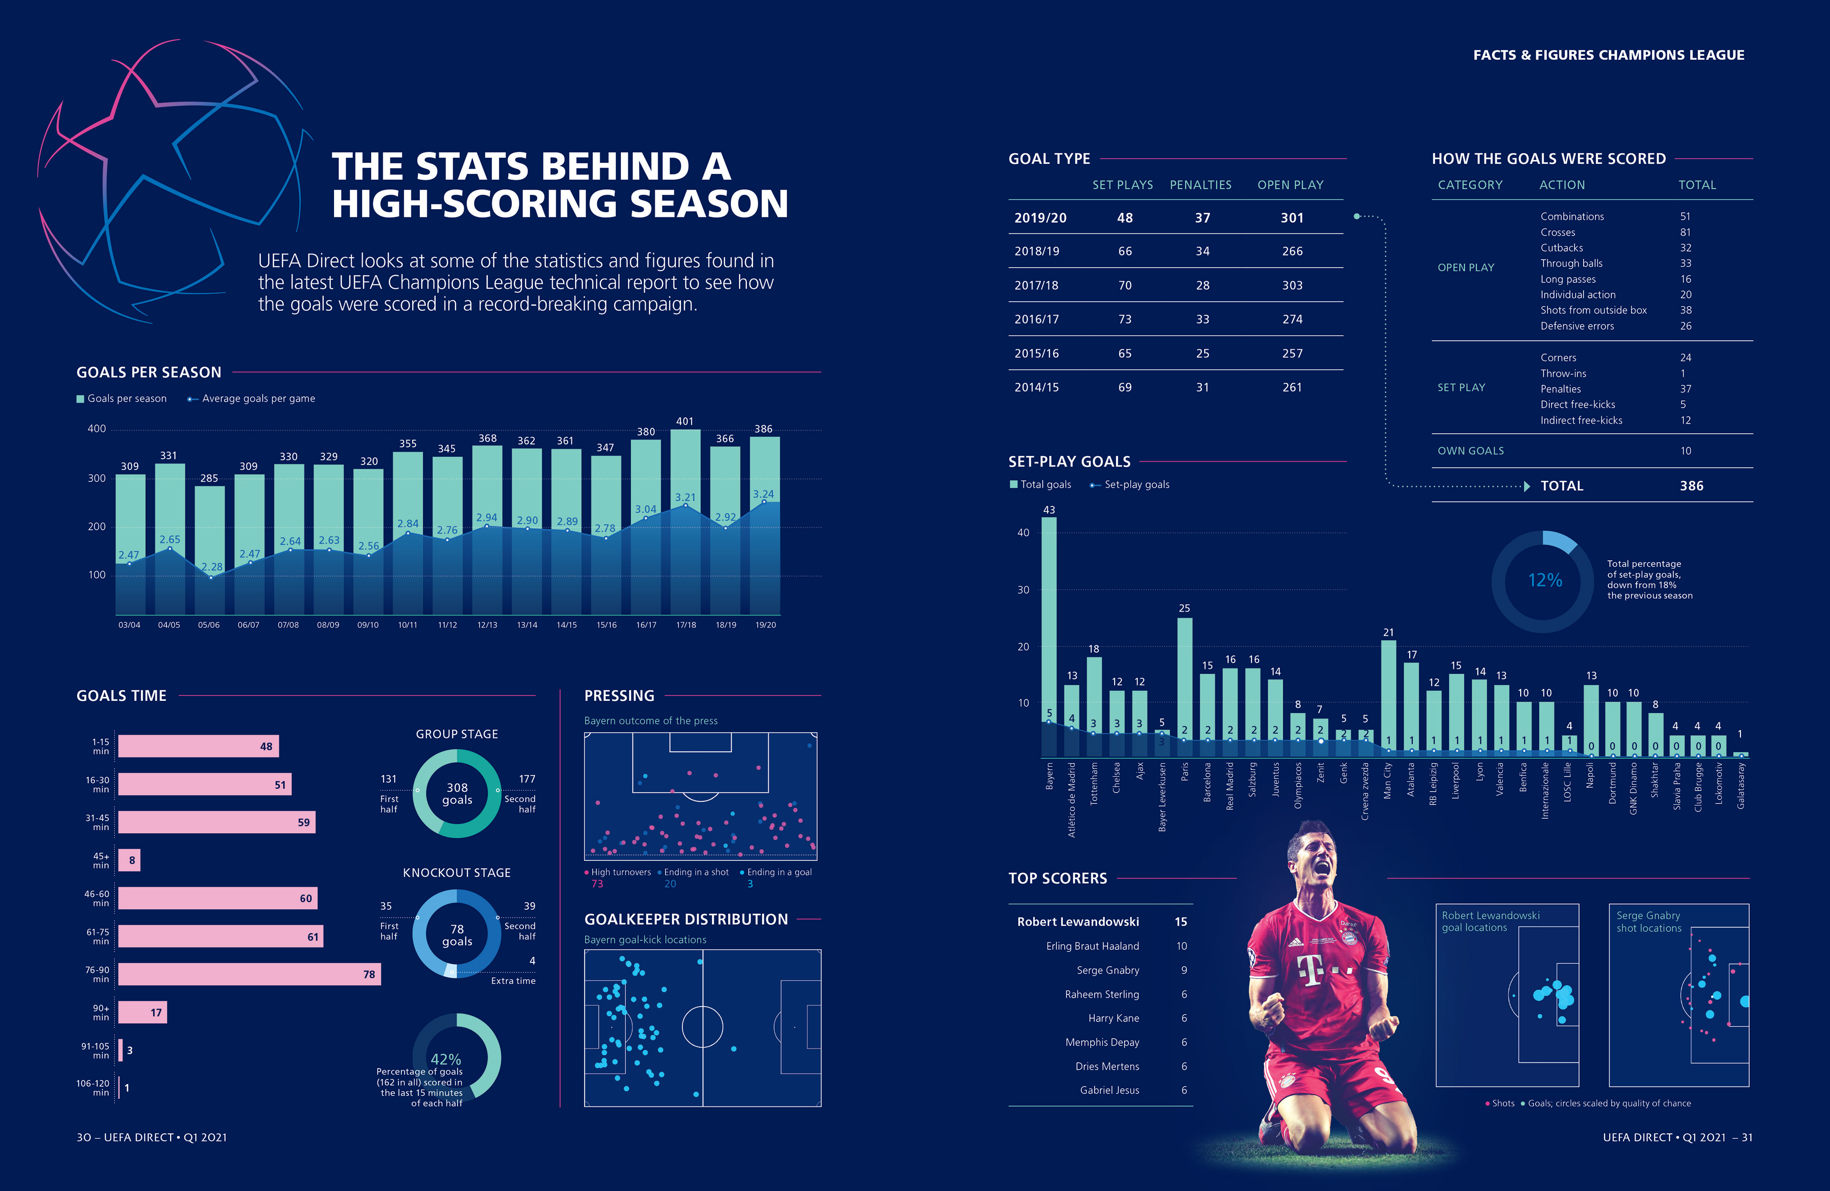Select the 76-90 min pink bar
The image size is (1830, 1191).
coord(249,974)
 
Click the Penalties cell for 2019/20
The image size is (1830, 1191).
coord(1202,218)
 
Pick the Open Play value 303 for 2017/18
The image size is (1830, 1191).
coord(1292,285)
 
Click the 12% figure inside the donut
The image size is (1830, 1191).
coord(1544,581)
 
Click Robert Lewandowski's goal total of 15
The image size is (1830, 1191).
coord(1180,922)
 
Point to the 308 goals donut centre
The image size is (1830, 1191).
coord(457,794)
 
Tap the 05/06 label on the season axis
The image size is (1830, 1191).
coord(208,625)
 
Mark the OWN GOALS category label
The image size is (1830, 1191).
coord(1470,451)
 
